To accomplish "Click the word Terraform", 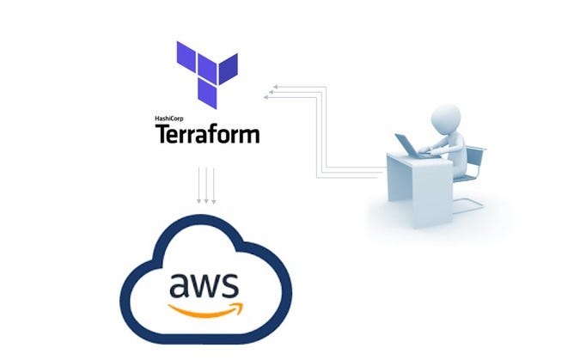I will [x=207, y=134].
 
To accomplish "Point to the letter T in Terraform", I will [x=162, y=134].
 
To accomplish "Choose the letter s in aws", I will [x=229, y=283].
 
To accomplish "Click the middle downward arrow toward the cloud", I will [x=206, y=186].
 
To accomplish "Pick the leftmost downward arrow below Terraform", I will [x=198, y=186].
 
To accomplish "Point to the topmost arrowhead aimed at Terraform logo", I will [x=273, y=86].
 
